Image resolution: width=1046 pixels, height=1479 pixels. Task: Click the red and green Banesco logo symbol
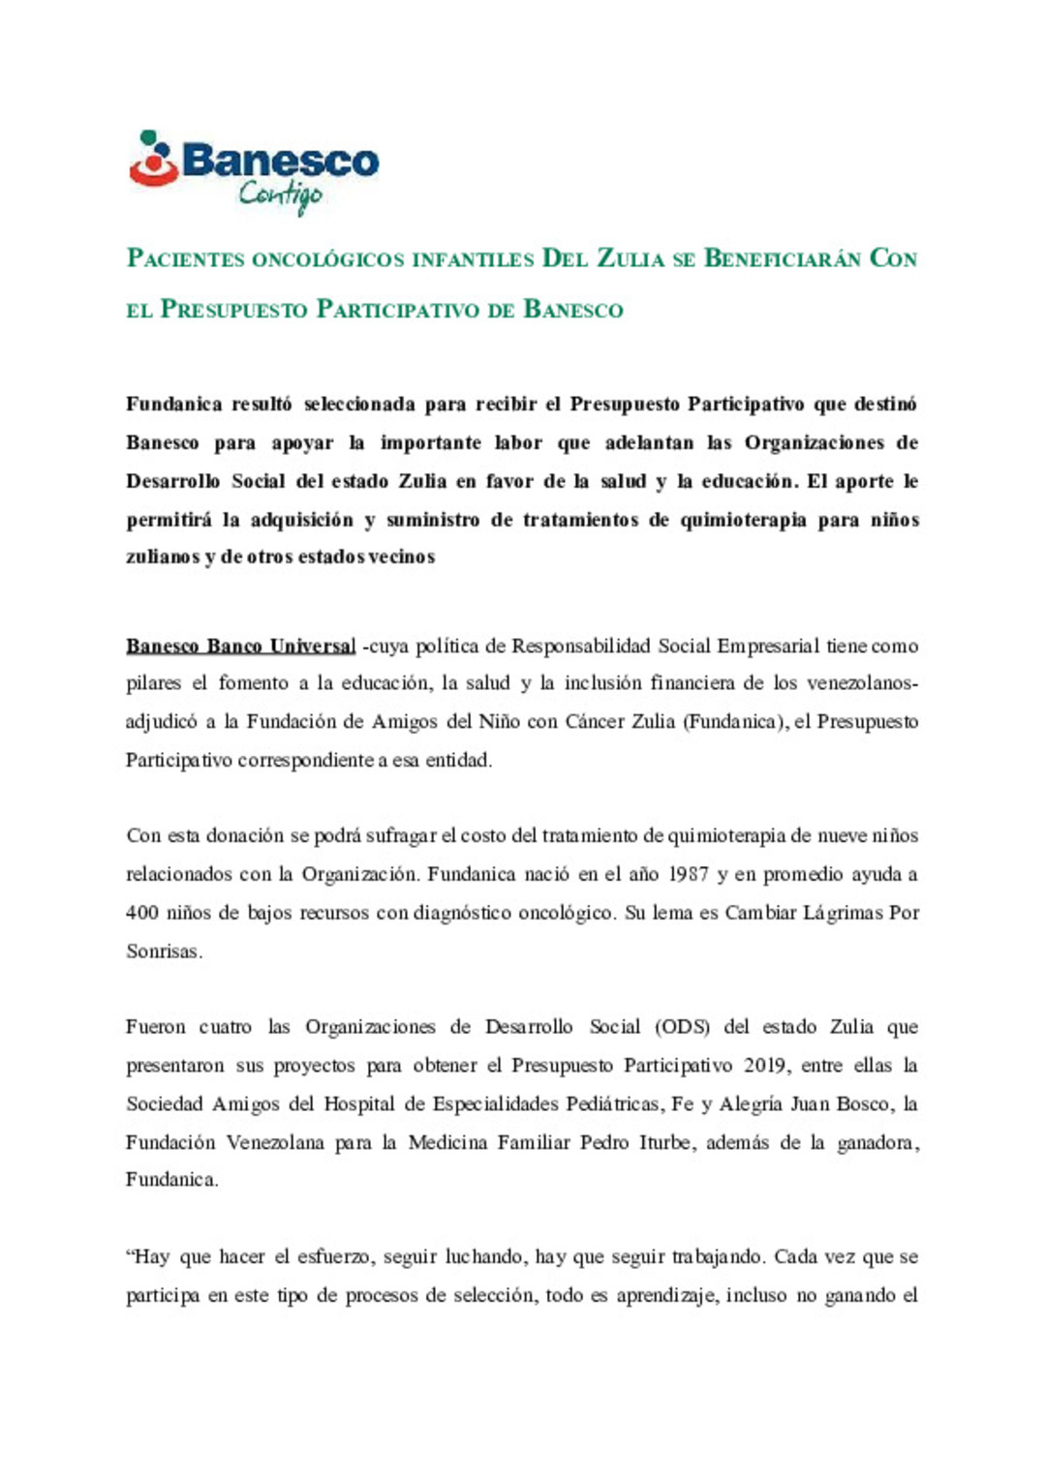coord(153,160)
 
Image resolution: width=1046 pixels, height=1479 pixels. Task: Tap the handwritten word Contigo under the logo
coord(280,196)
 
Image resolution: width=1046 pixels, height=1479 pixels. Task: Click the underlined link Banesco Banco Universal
coord(241,646)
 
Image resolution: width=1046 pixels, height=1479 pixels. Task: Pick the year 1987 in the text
coord(688,874)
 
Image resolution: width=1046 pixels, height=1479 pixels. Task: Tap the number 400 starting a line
coord(142,913)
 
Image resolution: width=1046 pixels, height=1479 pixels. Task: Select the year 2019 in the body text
coord(765,1066)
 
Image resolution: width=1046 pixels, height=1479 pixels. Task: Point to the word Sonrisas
coord(164,951)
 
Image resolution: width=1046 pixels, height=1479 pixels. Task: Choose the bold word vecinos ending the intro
coord(401,557)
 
